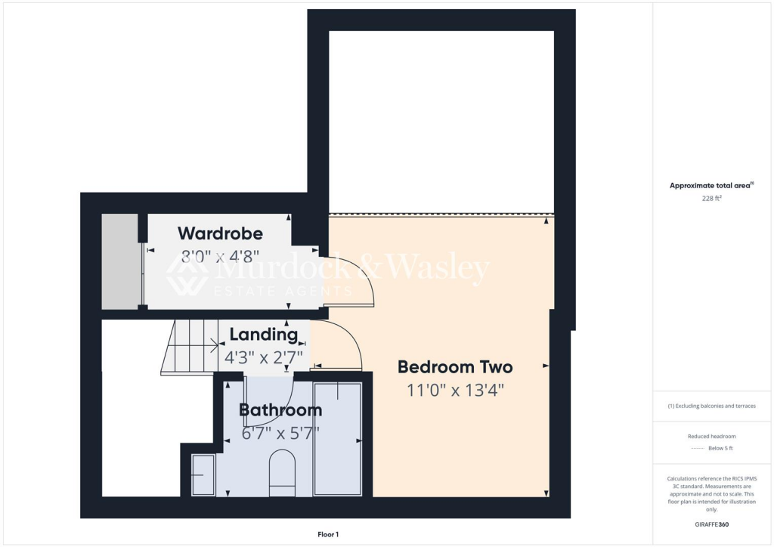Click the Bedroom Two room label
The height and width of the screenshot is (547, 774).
click(455, 367)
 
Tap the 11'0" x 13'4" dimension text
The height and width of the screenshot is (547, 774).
click(455, 391)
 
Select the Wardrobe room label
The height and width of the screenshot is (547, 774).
click(220, 233)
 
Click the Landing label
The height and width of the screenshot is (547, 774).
click(264, 334)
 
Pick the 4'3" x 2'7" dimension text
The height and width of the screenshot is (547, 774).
click(264, 356)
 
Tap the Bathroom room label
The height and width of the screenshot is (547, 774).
click(280, 410)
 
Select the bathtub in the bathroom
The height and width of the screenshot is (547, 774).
click(338, 439)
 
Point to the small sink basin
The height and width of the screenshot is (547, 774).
click(203, 474)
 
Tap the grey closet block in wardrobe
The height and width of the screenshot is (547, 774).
click(120, 261)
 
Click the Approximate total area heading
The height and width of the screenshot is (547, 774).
click(711, 185)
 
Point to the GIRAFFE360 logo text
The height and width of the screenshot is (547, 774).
click(712, 524)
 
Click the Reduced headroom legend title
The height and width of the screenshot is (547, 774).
click(711, 436)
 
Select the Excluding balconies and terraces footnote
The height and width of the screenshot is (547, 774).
click(711, 406)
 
